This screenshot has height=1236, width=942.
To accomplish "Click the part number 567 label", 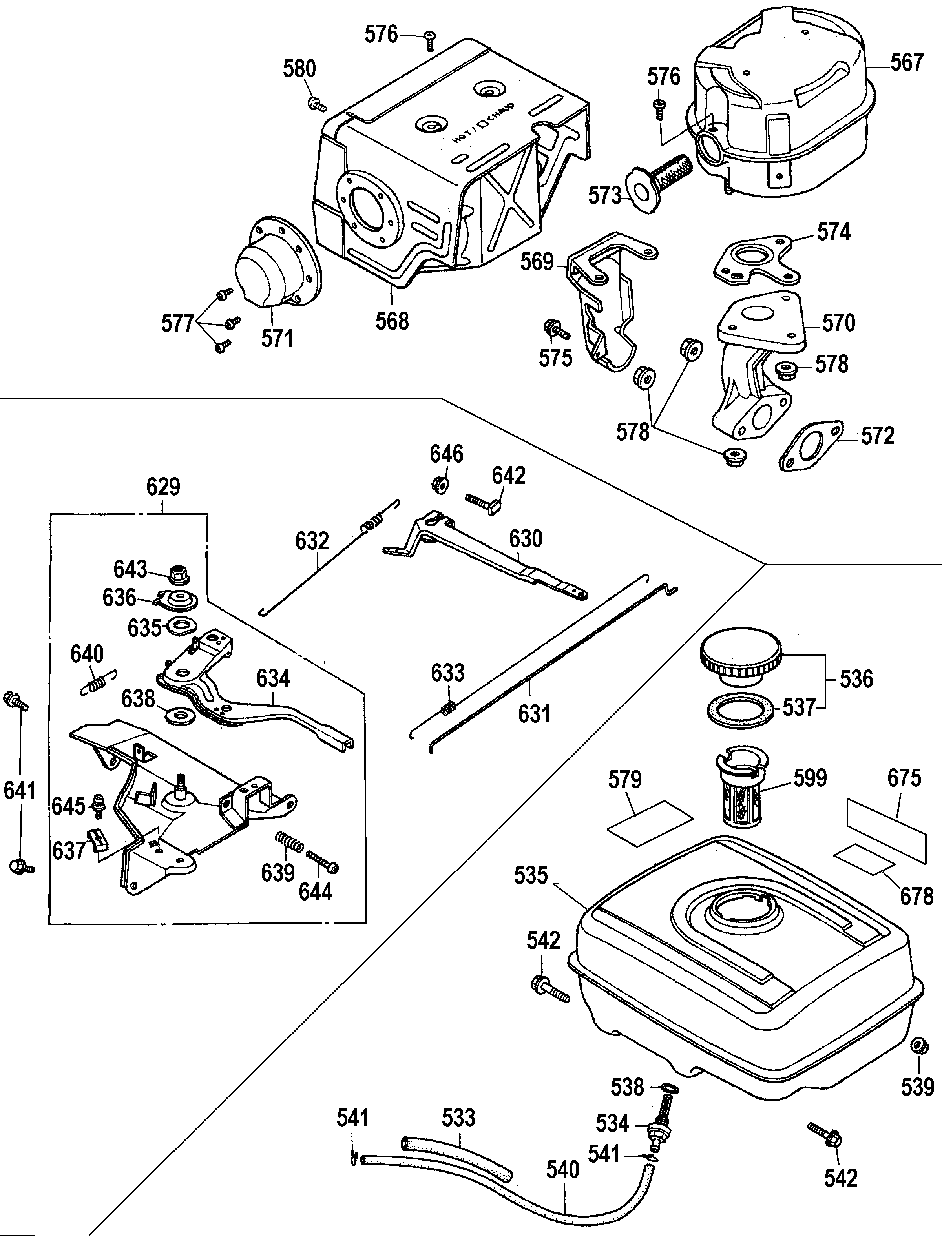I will pyautogui.click(x=907, y=62).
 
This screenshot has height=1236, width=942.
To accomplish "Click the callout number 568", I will pyautogui.click(x=392, y=321).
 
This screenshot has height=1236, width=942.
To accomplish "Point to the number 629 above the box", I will pyautogui.click(x=163, y=487).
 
